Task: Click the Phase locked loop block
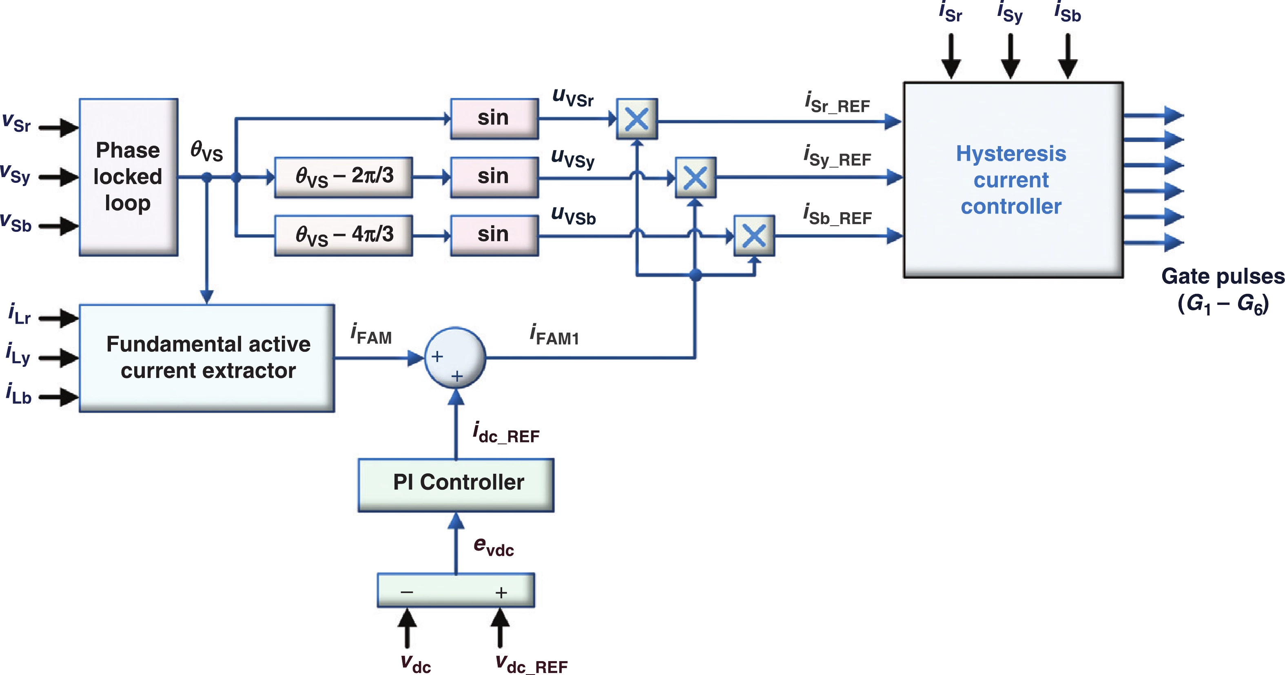(128, 177)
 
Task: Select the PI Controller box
(456, 484)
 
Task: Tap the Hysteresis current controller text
(1011, 180)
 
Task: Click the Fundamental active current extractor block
(207, 358)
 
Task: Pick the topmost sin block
(494, 118)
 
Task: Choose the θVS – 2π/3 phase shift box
(344, 177)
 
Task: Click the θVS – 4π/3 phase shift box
(344, 235)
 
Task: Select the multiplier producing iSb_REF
(754, 235)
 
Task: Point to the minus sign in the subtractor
(407, 592)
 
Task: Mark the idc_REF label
(506, 433)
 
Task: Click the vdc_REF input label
(531, 664)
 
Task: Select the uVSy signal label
(573, 158)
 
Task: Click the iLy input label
(18, 354)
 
